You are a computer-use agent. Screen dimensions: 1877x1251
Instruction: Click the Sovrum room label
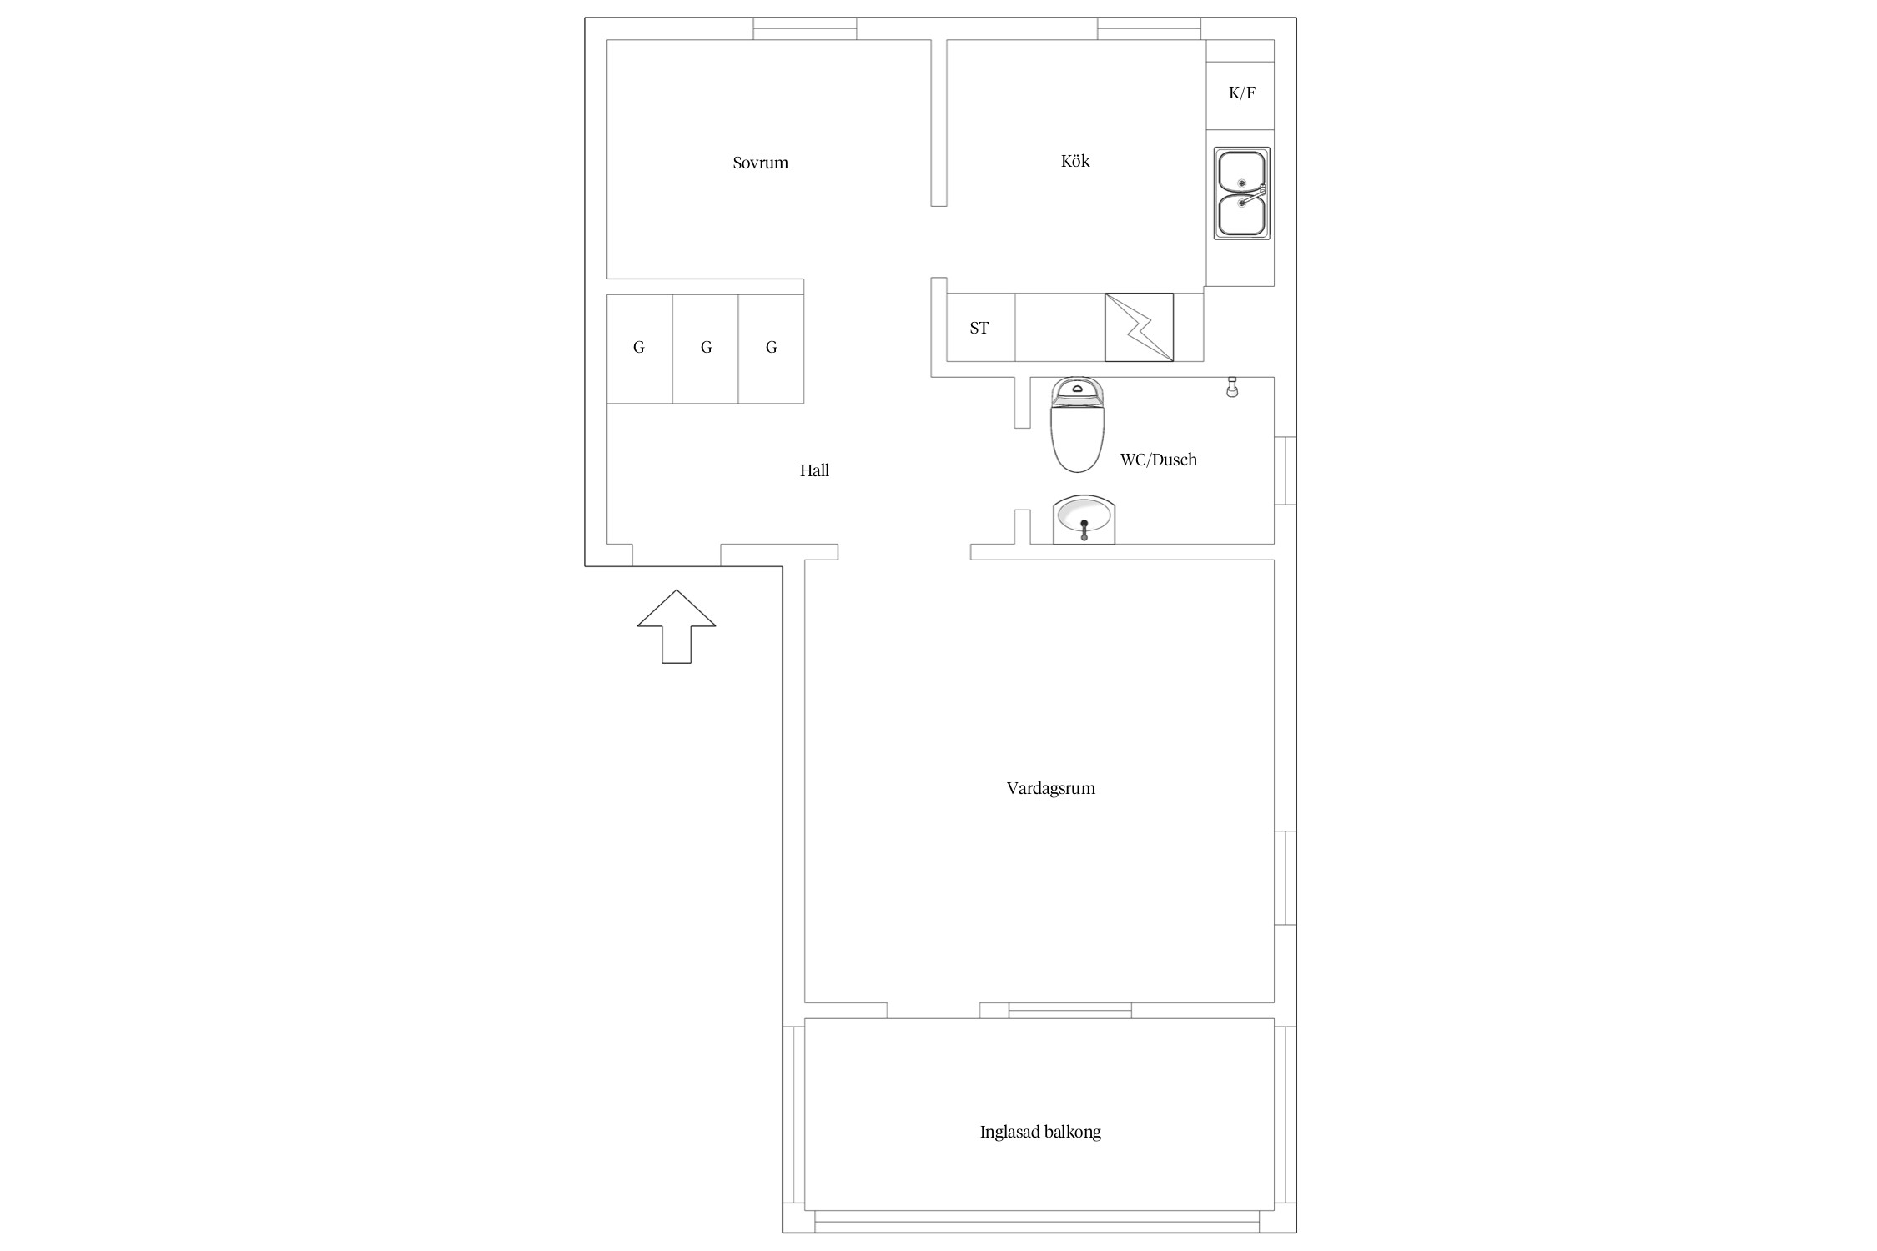click(x=760, y=163)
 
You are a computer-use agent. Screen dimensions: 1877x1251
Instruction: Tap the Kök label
click(x=1075, y=161)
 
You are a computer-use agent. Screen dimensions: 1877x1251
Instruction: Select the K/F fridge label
click(x=1241, y=93)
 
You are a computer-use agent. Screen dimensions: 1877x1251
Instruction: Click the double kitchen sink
click(x=1242, y=194)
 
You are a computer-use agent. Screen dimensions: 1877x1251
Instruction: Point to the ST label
click(x=979, y=328)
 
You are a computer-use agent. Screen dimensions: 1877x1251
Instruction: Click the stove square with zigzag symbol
click(x=1139, y=327)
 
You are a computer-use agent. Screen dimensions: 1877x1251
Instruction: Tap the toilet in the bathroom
click(x=1078, y=425)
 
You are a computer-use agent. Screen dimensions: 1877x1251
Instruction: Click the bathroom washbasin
click(x=1084, y=520)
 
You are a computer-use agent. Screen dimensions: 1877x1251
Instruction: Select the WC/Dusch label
click(x=1158, y=460)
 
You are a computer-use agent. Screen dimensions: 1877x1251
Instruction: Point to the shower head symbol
click(x=1231, y=388)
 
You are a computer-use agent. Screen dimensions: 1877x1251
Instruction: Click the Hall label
click(x=814, y=470)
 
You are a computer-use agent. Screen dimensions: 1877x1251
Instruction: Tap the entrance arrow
click(x=677, y=626)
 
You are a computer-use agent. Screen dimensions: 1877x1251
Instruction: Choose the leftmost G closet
click(x=639, y=349)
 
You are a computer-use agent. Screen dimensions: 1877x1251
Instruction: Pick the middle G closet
click(x=706, y=349)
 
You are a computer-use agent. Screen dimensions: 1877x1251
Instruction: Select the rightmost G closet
click(x=771, y=349)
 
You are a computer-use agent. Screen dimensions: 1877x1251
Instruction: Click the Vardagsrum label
click(x=1050, y=788)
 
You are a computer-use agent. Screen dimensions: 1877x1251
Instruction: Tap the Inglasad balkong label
click(x=1040, y=1132)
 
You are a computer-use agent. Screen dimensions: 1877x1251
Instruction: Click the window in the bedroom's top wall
click(x=805, y=28)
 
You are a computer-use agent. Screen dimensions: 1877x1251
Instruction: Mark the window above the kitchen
click(x=1150, y=28)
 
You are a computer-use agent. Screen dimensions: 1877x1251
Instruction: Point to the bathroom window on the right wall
click(x=1286, y=470)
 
